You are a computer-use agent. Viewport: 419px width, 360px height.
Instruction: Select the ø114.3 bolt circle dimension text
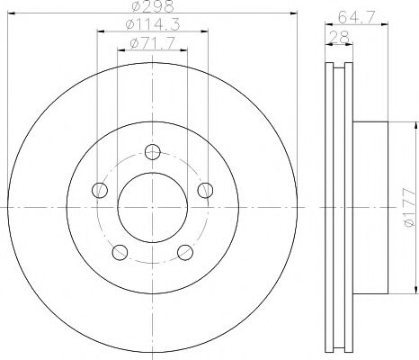point(153,26)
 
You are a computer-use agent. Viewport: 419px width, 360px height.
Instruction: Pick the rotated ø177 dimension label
point(408,207)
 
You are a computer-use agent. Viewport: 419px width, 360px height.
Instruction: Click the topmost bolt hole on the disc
point(153,152)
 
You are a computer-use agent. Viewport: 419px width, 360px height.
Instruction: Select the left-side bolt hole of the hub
point(100,190)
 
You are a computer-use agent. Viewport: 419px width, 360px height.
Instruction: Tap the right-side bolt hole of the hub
point(206,190)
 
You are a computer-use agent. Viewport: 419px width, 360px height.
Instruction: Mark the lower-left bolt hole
point(120,252)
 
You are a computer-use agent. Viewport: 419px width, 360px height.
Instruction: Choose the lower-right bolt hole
point(186,252)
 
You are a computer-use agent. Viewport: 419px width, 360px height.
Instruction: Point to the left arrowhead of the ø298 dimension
point(11,14)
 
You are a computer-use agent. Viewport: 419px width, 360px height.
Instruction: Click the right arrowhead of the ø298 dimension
point(294,14)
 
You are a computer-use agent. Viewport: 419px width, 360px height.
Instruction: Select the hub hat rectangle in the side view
point(371,207)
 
